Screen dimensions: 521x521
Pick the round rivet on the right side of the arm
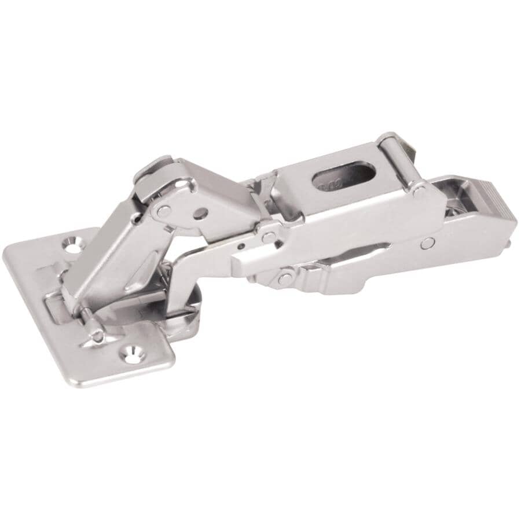pos(427,243)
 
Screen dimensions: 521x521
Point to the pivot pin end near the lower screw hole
pos(98,336)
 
